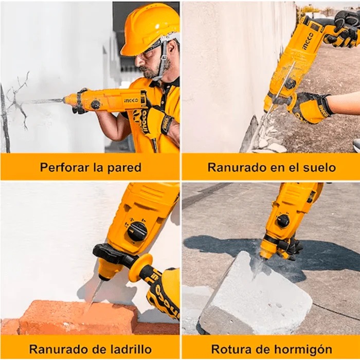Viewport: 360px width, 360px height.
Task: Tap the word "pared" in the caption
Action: pos(125,167)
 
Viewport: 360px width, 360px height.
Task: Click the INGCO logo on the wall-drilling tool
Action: pos(131,100)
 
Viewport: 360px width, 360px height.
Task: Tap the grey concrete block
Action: pos(257,298)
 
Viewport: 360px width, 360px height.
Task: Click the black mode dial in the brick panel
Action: pos(137,231)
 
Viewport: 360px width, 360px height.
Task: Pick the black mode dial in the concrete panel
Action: pos(283,221)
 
